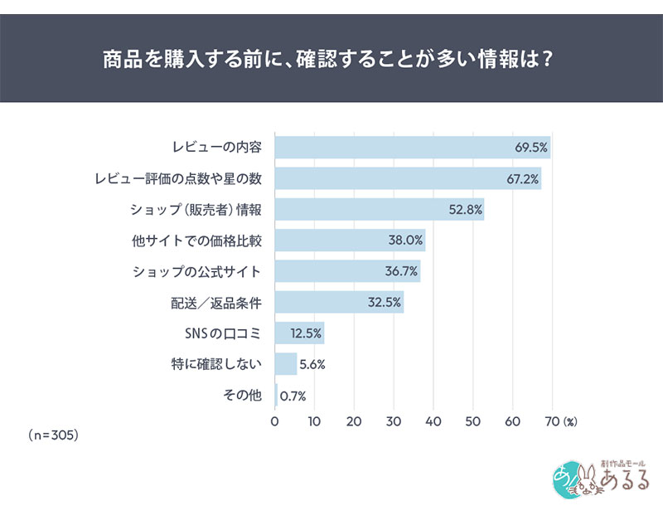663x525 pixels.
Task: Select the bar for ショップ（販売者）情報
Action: pos(379,209)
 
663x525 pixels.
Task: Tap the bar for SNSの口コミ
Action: pos(299,333)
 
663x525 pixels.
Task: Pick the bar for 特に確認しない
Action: pos(286,364)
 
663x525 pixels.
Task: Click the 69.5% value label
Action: pos(531,148)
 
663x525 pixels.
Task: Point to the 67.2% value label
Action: pos(523,178)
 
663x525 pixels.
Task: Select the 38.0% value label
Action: pos(406,241)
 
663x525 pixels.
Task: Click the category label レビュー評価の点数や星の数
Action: pos(178,178)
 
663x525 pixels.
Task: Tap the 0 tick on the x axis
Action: pos(275,421)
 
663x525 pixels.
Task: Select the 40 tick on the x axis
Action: pos(433,421)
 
